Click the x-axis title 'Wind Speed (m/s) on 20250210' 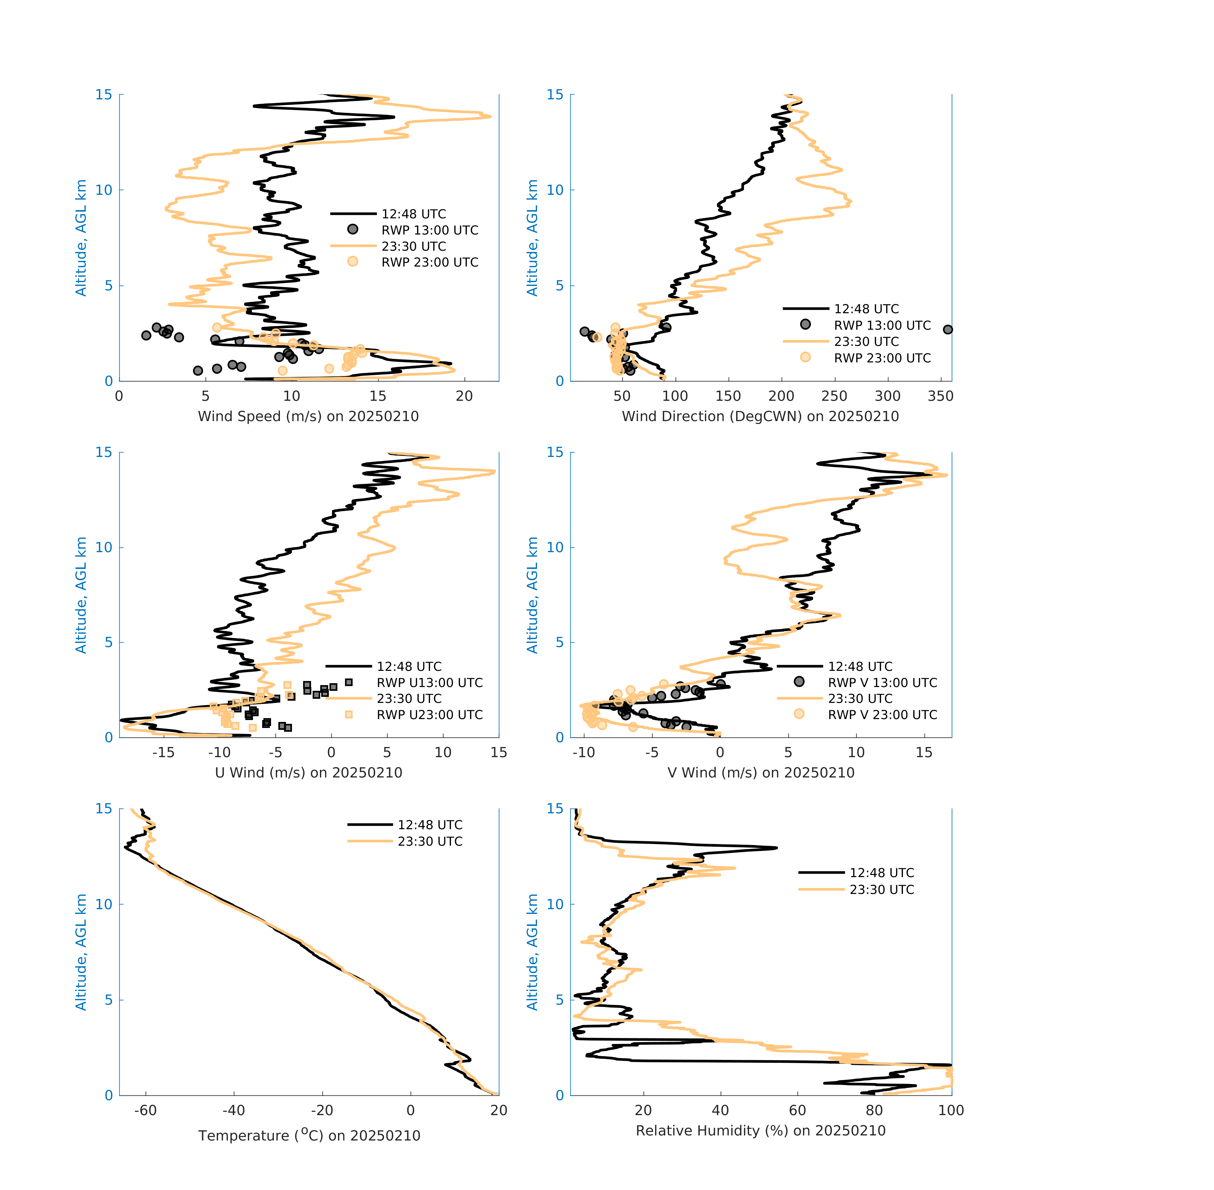tap(308, 416)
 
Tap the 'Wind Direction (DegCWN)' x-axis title tap(760, 416)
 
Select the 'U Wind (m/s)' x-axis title tap(308, 772)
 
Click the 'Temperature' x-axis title tap(309, 1135)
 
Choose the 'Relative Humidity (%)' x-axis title tap(760, 1130)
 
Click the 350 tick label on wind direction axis tap(940, 396)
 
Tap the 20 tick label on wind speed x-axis tap(464, 396)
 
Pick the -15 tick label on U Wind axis tap(163, 752)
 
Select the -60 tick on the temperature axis tap(146, 1110)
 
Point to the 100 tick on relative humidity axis tap(951, 1110)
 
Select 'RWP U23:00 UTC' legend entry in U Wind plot tap(429, 714)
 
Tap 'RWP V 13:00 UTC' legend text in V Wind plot tap(882, 683)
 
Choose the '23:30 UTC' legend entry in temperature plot tap(429, 841)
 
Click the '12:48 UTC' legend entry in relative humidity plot tap(881, 872)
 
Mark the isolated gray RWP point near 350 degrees tap(948, 329)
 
